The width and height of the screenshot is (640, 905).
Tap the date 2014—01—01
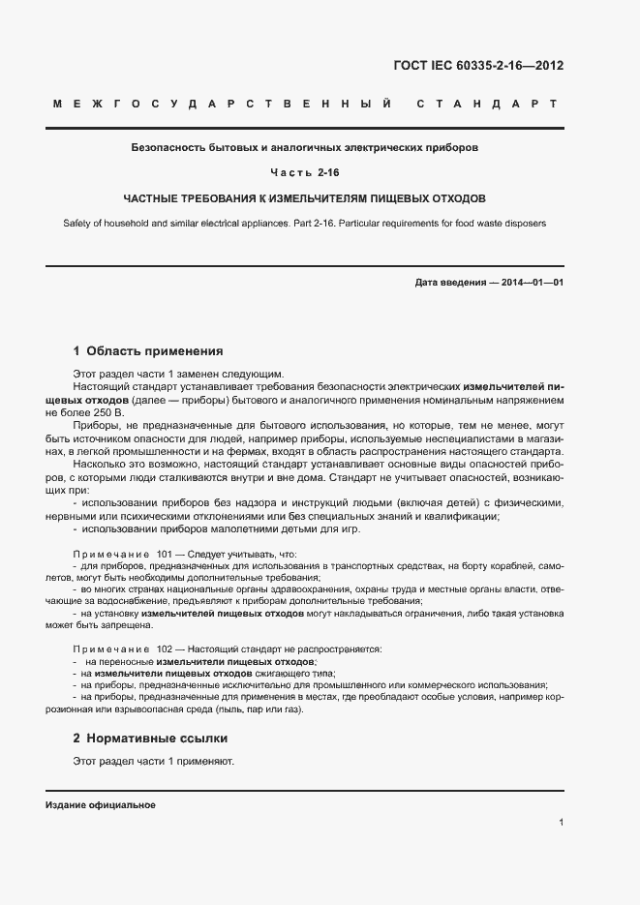529,283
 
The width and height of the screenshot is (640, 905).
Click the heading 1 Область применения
148,351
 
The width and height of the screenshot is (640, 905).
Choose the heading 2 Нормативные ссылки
150,739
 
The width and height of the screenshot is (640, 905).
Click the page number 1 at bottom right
562,823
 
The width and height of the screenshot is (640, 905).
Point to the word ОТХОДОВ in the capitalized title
452,197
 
